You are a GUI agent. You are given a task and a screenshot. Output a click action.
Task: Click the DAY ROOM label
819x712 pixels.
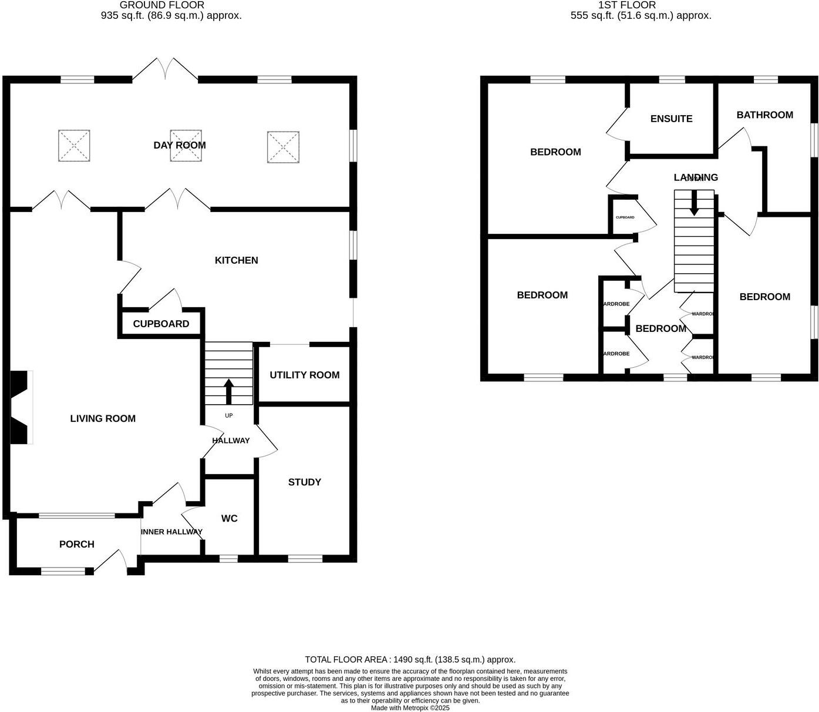180,145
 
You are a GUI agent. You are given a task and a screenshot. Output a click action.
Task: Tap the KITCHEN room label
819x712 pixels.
236,260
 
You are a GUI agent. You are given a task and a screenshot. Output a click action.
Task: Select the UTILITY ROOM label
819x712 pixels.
304,375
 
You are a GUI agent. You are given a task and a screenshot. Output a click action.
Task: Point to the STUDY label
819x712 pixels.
304,482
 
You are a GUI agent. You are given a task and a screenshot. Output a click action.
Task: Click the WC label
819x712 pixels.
229,518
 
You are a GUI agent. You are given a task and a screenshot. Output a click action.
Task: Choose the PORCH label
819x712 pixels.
76,544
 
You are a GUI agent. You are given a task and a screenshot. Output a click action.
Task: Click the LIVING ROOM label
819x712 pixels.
103,418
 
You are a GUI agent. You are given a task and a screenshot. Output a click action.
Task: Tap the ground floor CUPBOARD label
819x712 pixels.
161,324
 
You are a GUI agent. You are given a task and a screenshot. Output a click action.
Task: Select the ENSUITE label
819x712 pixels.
671,119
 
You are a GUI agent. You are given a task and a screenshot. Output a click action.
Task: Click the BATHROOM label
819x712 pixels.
764,115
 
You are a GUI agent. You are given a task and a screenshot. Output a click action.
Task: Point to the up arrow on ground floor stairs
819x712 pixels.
228,391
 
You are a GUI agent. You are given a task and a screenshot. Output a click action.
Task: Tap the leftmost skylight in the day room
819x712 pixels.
74,146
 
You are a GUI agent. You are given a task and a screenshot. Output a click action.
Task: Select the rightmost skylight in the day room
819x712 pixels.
284,147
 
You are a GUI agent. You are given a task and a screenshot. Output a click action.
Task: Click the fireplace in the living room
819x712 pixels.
21,407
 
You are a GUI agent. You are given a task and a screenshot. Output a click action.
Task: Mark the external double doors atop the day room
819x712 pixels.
165,69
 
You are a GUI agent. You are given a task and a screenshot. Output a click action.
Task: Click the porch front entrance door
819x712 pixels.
111,560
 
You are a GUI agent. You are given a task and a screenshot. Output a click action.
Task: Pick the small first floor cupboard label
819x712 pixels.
625,217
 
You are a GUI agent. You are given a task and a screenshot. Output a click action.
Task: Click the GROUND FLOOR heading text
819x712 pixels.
162,5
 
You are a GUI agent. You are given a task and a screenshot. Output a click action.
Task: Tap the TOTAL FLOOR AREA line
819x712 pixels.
410,660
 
